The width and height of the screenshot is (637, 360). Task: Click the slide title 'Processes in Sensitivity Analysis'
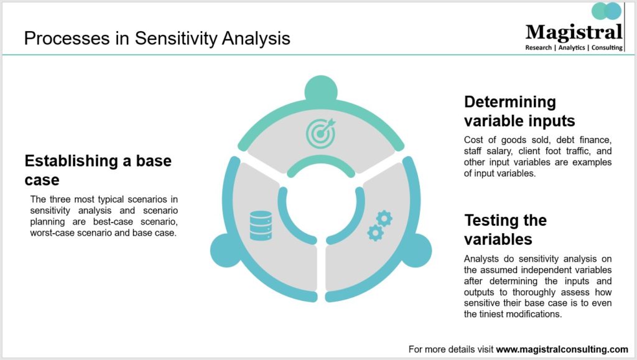tap(157, 39)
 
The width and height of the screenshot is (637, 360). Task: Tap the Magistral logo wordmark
tap(574, 32)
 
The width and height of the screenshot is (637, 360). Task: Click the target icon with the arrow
tap(322, 132)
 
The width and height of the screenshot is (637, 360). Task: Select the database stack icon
tap(261, 226)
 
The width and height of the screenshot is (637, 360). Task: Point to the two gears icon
tap(380, 226)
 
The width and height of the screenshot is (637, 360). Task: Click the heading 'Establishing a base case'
tap(98, 170)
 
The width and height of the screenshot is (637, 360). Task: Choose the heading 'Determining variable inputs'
tap(519, 111)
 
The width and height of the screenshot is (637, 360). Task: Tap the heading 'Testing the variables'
tap(505, 229)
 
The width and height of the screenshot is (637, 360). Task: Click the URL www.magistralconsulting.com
tap(562, 349)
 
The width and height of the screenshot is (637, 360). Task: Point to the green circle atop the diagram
tap(321, 90)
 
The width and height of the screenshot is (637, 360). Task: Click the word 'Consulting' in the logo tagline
tap(607, 47)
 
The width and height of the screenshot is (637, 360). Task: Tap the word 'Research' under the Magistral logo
tap(538, 47)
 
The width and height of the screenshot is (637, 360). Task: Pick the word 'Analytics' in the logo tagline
tap(572, 47)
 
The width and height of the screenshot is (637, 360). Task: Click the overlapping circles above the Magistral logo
tap(607, 11)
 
